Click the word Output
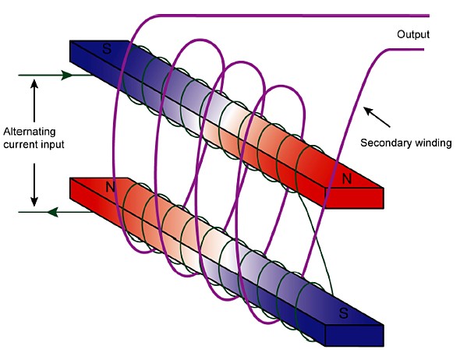413,34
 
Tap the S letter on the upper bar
107,48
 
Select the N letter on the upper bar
347,178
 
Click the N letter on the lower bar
110,187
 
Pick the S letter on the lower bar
344,312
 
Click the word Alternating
30,132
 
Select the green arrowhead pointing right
67,75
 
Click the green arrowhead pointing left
53,212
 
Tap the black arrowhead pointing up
34,84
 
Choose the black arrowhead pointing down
34,201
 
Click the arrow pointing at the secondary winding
377,117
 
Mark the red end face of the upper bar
355,198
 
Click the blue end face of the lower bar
355,336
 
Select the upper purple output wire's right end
429,16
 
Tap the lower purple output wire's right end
423,50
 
